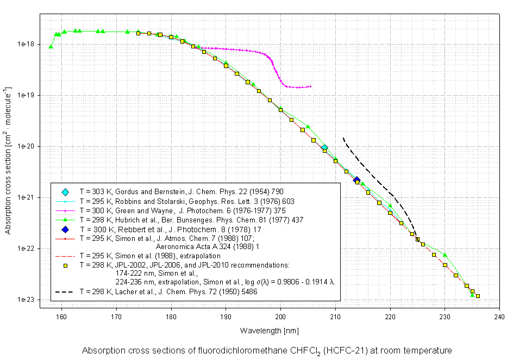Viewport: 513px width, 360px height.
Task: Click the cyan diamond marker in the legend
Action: click(x=65, y=192)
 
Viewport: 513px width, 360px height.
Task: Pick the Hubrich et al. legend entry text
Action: click(x=191, y=219)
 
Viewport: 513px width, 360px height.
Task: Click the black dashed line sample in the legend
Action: click(x=65, y=292)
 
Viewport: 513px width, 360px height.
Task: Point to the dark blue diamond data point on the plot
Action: click(x=356, y=180)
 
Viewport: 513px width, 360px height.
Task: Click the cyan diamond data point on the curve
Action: click(x=324, y=148)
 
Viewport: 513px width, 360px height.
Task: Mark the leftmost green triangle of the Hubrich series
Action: click(x=51, y=47)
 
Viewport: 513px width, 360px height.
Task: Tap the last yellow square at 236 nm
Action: click(x=478, y=296)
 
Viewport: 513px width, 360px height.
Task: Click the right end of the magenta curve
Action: click(x=310, y=86)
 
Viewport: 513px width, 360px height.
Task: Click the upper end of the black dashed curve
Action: click(x=343, y=138)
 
